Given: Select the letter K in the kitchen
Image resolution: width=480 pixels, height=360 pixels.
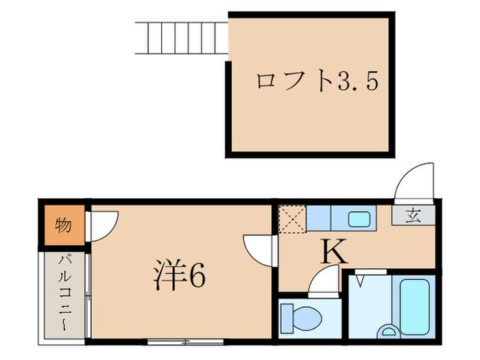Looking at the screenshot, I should click(334, 254).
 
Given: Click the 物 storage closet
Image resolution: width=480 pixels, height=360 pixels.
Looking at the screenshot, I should click(64, 225).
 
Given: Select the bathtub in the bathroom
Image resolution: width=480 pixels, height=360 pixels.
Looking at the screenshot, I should click(414, 302).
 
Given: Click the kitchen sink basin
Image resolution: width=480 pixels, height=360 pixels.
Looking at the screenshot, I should click(359, 219).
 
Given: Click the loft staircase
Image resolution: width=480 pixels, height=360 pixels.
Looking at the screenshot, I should click(181, 38).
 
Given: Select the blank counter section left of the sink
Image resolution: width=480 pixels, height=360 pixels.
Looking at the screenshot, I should click(319, 219).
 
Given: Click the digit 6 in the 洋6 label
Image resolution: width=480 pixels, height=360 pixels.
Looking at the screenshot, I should click(195, 275).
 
